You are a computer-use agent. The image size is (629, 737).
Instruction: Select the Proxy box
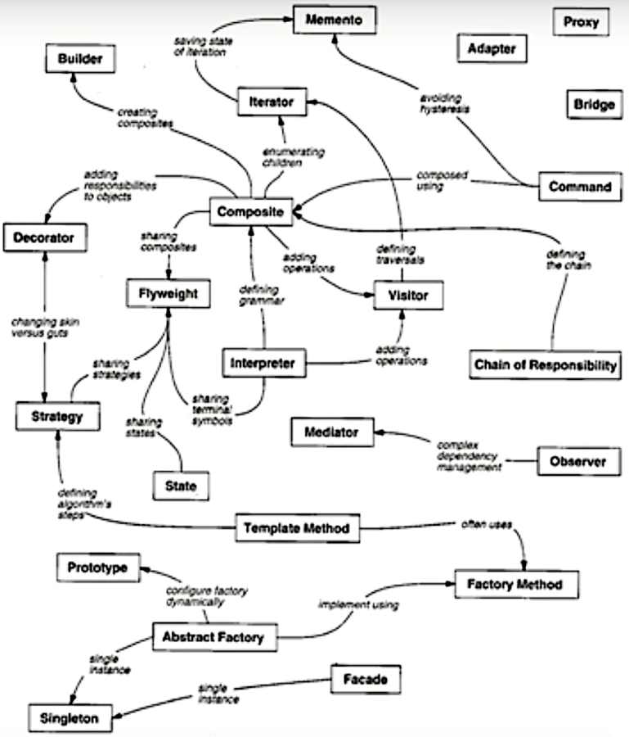tap(582, 21)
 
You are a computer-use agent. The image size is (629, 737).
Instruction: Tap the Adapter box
tap(492, 48)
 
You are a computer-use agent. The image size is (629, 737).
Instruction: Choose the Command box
tap(580, 187)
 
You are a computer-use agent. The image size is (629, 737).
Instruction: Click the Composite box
tap(250, 212)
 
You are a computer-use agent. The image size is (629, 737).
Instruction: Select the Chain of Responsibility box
tap(545, 365)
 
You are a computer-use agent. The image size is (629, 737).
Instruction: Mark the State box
tap(181, 486)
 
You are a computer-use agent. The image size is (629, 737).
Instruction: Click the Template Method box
tap(296, 528)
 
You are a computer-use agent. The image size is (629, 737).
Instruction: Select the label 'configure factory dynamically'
tap(194, 595)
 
